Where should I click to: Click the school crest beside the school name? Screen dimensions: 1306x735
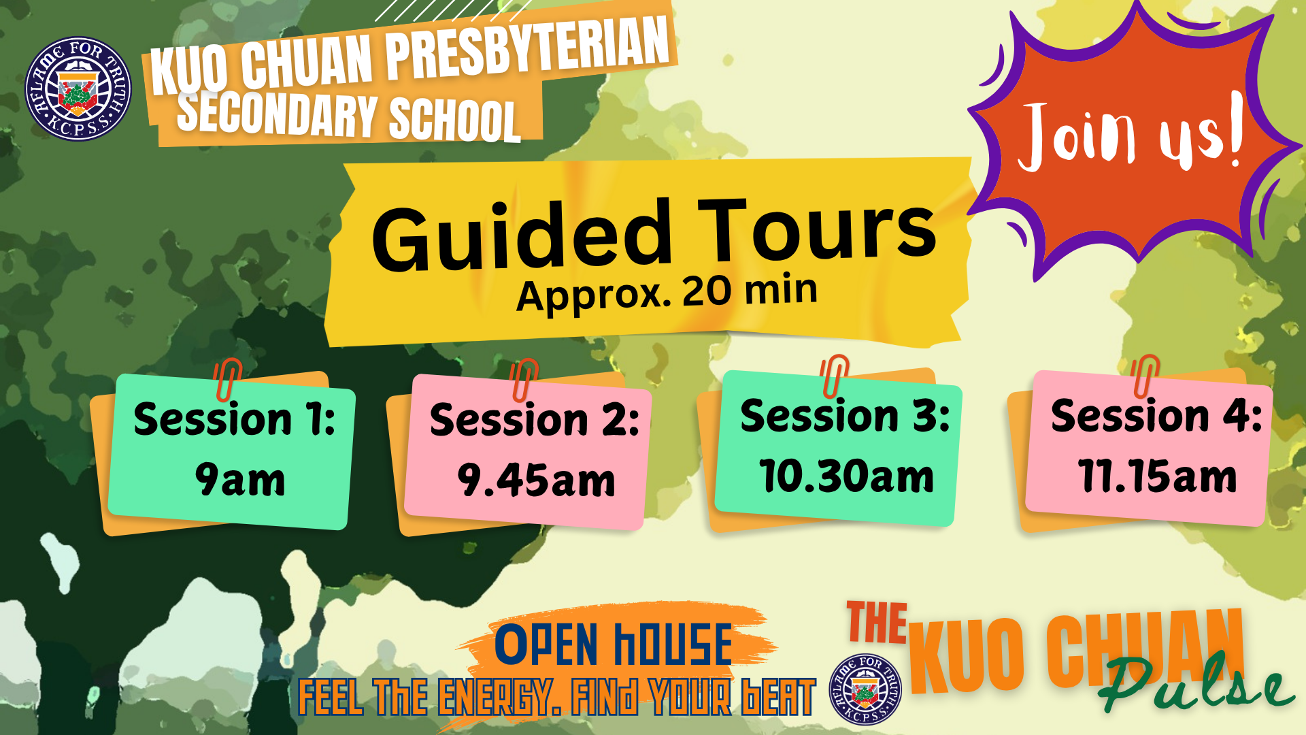[x=78, y=88]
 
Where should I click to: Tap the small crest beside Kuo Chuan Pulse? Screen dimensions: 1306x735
[x=865, y=689]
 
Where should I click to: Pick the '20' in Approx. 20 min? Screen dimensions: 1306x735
[x=707, y=291]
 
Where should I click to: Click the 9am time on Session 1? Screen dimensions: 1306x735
[x=240, y=480]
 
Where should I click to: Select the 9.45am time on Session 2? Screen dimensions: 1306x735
[x=536, y=480]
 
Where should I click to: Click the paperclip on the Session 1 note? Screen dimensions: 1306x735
[x=227, y=380]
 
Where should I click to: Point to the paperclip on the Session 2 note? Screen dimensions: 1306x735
[x=524, y=380]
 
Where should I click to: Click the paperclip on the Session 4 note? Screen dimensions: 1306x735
[x=1145, y=376]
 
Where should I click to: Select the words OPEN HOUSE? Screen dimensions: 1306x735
[x=613, y=644]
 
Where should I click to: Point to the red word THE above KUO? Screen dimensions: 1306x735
[x=877, y=622]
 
